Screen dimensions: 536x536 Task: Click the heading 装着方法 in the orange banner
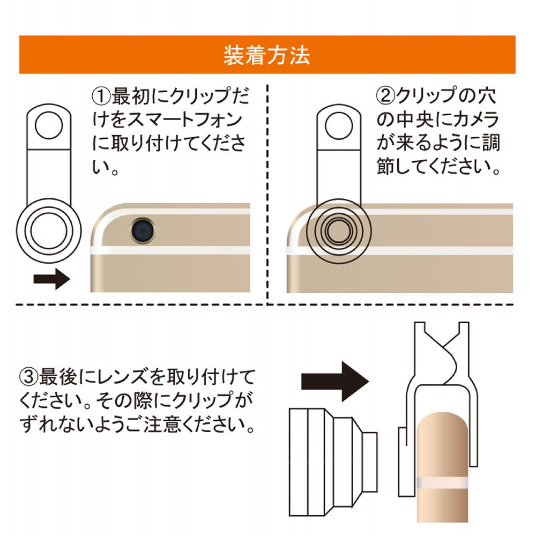(x=266, y=55)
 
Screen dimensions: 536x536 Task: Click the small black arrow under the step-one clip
(x=51, y=279)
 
